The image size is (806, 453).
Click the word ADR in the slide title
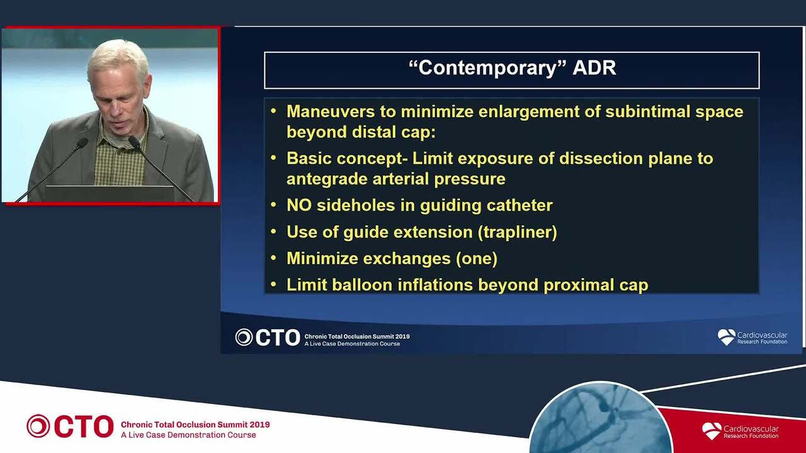point(594,67)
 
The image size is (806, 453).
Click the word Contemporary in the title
point(487,69)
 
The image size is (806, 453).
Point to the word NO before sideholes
point(298,205)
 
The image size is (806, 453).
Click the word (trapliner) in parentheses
point(518,232)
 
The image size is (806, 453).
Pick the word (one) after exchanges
point(477,259)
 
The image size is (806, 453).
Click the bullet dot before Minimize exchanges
point(273,258)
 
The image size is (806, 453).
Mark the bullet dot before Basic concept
point(273,158)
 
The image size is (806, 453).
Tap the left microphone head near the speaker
point(82,143)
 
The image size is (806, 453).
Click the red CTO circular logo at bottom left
point(38,426)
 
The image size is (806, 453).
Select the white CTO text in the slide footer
point(278,338)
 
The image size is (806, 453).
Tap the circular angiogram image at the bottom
point(600,419)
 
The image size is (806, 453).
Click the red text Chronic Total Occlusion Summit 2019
point(195,425)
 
